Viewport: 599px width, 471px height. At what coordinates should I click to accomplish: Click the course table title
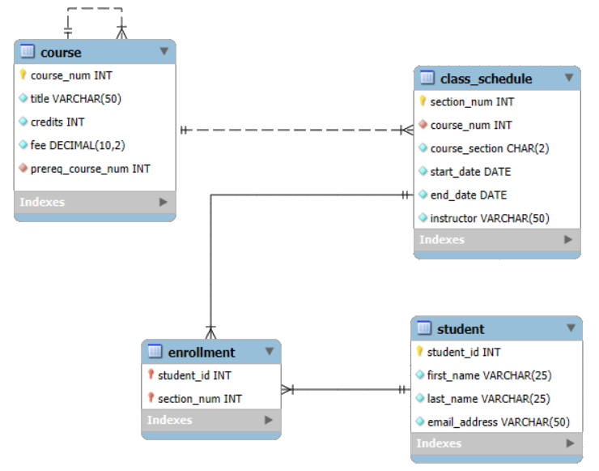(61, 52)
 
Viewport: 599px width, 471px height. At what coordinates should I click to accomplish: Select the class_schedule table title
(486, 79)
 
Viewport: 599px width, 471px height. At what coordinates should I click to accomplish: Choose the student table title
(461, 328)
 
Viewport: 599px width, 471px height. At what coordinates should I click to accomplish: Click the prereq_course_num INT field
(90, 169)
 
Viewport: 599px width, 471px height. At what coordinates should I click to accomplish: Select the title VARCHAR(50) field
(75, 98)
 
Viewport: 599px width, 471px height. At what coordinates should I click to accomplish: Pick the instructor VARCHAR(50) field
(489, 218)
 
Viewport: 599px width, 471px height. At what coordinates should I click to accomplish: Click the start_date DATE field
(470, 172)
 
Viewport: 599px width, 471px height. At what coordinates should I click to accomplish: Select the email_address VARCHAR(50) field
(498, 422)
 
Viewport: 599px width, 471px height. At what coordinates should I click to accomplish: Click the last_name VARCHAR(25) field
(488, 398)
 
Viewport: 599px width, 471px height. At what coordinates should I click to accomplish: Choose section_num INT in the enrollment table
(199, 399)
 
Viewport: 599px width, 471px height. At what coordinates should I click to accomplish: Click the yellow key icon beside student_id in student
(419, 352)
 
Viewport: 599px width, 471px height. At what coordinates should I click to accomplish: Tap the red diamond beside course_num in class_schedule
(423, 125)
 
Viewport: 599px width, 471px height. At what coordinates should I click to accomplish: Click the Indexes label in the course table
(42, 202)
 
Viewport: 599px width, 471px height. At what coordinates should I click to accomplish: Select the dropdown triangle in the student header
(571, 328)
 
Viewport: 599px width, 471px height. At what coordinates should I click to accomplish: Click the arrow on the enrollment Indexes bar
(267, 420)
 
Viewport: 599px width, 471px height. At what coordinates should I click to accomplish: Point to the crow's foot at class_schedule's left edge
(406, 130)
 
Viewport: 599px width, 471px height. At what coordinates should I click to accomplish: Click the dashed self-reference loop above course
(95, 10)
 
